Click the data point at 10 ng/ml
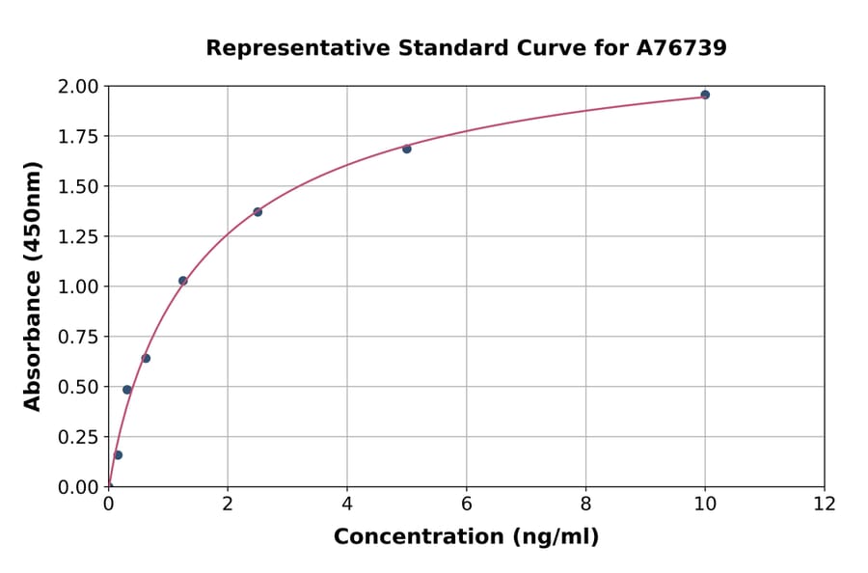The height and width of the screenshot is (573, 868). click(x=705, y=95)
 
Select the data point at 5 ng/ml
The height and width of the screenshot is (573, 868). click(x=407, y=149)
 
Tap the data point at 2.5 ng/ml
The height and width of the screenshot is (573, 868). click(x=258, y=212)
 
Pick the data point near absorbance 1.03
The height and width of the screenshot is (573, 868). click(x=183, y=281)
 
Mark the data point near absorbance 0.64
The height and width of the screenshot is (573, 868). click(x=146, y=358)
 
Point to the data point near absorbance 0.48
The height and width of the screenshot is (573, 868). click(x=127, y=390)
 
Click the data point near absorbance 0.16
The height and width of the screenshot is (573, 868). click(x=118, y=454)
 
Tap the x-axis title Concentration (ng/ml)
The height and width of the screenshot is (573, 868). click(x=466, y=536)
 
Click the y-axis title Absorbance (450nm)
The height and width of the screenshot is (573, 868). click(x=33, y=286)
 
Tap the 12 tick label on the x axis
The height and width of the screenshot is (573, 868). click(x=825, y=504)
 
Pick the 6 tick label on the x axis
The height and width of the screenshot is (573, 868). click(x=467, y=504)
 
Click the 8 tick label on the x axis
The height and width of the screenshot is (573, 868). click(x=586, y=504)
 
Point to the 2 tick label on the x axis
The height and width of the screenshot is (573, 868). click(x=228, y=504)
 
